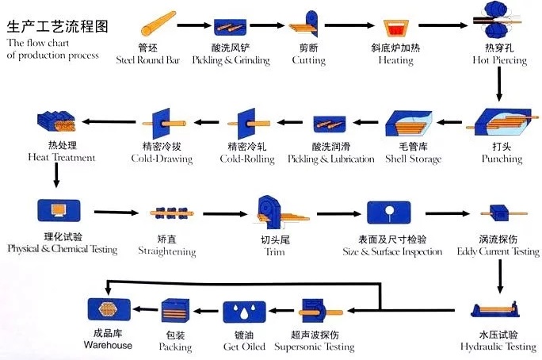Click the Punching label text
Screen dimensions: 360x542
[x=502, y=159]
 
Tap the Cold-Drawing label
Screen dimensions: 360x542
[x=162, y=159]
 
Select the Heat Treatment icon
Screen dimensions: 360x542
[x=55, y=123]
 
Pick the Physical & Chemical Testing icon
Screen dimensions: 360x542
[x=56, y=211]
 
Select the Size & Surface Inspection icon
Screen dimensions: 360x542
[x=389, y=212]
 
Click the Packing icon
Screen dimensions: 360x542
[x=175, y=312]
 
